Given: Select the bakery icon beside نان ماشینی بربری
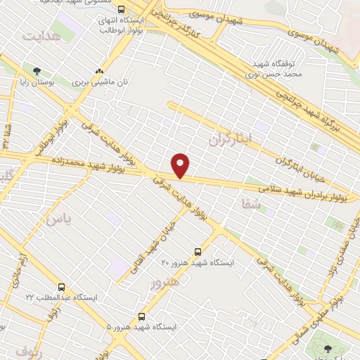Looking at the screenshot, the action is (x=99, y=71).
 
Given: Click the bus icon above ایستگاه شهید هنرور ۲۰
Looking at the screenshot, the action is (x=198, y=251).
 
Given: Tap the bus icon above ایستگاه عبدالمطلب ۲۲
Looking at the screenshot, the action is (x=62, y=287).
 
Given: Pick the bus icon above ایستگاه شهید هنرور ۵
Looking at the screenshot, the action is (x=142, y=316).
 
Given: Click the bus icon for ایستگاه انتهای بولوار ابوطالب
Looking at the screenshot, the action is (x=122, y=10).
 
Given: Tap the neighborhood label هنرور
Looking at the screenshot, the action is (x=165, y=281).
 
